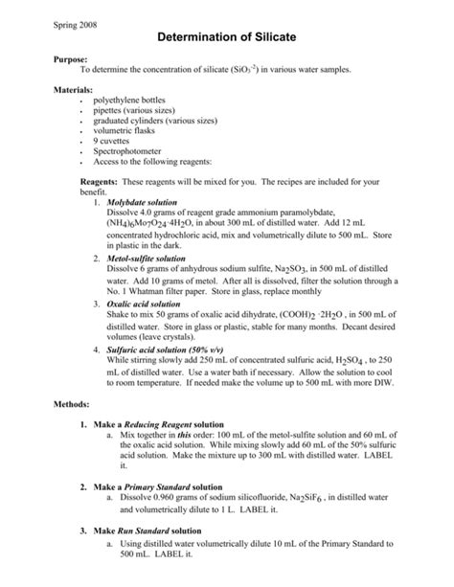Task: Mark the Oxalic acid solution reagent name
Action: (147, 304)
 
